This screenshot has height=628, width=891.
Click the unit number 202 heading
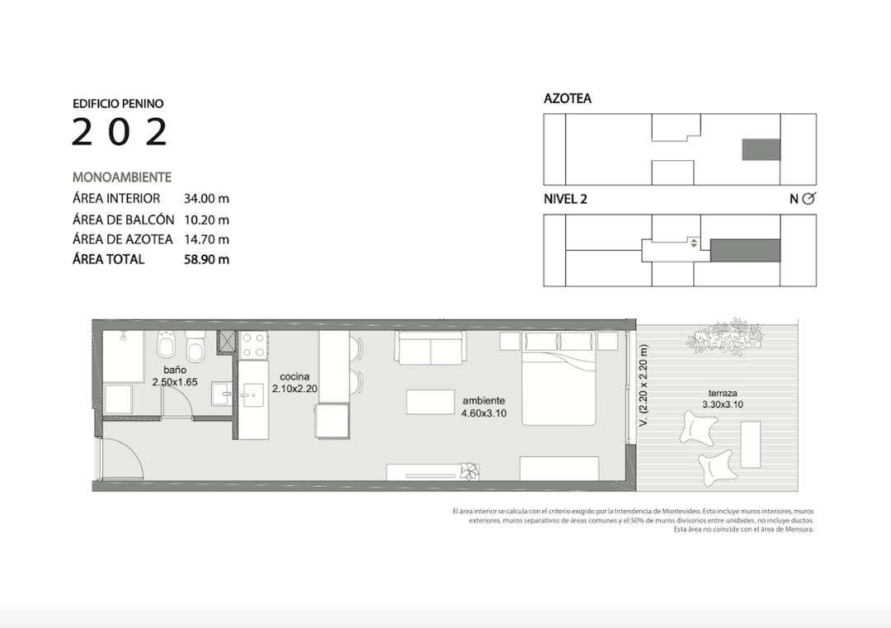(x=120, y=132)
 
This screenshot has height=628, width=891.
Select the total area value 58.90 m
(x=206, y=260)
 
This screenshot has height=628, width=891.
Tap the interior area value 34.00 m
(x=206, y=198)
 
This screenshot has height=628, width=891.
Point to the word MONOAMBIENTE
(x=121, y=177)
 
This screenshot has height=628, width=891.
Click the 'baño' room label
(x=175, y=370)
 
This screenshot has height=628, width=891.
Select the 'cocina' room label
(x=295, y=376)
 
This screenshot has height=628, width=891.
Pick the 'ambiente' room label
(x=483, y=401)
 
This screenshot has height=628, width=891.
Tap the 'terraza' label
(x=723, y=393)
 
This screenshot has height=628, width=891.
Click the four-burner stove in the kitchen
(x=253, y=345)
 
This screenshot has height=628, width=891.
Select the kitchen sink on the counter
(x=253, y=394)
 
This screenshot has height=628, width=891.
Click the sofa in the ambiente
(x=430, y=347)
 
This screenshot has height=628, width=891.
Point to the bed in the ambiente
(x=559, y=379)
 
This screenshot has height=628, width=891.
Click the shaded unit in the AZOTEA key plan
(x=761, y=149)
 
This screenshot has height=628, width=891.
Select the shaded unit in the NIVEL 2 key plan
(x=745, y=250)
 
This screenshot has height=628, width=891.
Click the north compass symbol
(x=809, y=198)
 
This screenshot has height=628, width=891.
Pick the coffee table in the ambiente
(x=430, y=402)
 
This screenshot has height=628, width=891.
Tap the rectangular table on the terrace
(x=751, y=445)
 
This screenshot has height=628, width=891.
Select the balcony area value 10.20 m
(x=206, y=220)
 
